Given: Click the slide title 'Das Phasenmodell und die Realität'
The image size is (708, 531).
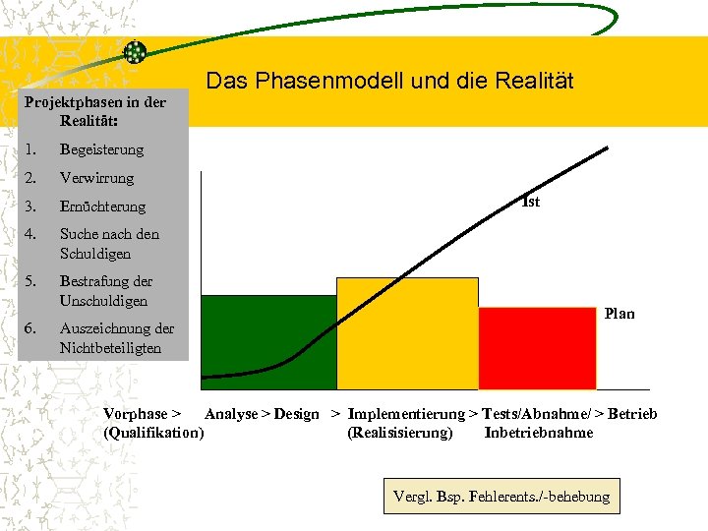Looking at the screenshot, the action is point(389,81).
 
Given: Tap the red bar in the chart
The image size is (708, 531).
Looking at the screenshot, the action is point(537,348).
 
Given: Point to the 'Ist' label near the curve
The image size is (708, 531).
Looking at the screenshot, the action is point(531,203).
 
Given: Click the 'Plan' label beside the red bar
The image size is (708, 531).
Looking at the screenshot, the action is point(619,314).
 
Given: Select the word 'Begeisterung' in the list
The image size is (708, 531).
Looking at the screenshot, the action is point(101,150).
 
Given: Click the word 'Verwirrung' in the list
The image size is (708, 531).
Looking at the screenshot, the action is point(96,178).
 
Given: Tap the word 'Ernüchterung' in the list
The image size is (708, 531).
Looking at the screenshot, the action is point(102,206).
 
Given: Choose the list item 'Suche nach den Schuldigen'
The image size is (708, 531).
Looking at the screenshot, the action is point(108,244).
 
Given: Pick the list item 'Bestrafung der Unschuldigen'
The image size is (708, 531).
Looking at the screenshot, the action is point(105,291).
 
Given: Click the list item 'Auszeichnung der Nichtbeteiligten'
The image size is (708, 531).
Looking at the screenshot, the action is point(116,338).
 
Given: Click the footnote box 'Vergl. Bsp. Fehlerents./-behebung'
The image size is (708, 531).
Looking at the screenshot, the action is point(501,497).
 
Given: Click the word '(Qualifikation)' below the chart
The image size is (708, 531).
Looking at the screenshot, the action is point(153,433).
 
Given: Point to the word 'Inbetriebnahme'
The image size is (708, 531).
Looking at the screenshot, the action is point(539,433).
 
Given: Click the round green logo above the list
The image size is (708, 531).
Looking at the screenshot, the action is point(135,52).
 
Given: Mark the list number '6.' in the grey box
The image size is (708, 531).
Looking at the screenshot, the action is point(32,328).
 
